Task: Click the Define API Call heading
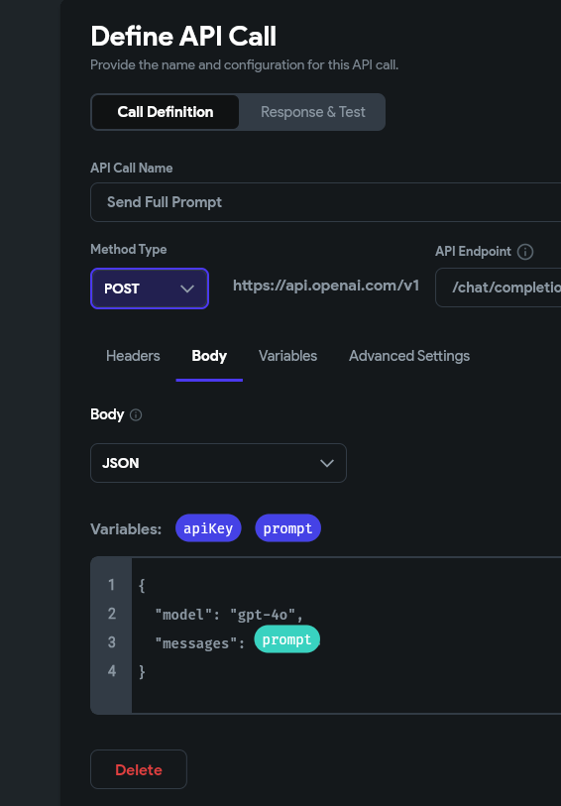click(x=183, y=37)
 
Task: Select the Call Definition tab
click(x=165, y=112)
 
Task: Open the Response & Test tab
click(x=313, y=112)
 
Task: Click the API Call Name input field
click(x=326, y=202)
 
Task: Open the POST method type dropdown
click(x=150, y=288)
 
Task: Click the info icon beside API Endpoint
click(x=525, y=252)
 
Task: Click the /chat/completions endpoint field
click(x=499, y=288)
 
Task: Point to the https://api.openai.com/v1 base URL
click(x=326, y=286)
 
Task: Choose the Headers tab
click(x=133, y=356)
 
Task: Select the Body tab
click(x=209, y=356)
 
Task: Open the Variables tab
click(x=287, y=356)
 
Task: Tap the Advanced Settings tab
click(x=409, y=356)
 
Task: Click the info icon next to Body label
click(x=136, y=414)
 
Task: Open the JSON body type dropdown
click(x=218, y=463)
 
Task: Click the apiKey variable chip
click(x=208, y=528)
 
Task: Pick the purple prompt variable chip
click(x=287, y=528)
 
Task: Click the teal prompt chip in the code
click(x=286, y=638)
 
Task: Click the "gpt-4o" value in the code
click(x=263, y=615)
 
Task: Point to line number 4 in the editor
click(x=111, y=671)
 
